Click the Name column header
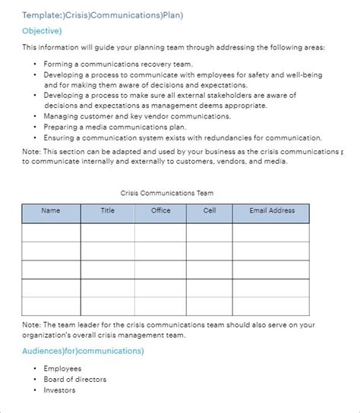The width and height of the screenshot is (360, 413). click(x=50, y=210)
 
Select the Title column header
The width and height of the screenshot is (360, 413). click(x=108, y=210)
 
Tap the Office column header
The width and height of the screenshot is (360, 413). click(x=160, y=210)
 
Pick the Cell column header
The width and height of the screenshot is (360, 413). click(x=210, y=210)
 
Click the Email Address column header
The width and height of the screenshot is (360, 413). click(x=272, y=210)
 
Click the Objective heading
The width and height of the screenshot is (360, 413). click(x=43, y=30)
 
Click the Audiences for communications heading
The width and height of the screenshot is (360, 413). click(x=84, y=351)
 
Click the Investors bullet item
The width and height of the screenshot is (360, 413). click(x=60, y=390)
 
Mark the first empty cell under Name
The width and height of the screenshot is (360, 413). click(x=51, y=232)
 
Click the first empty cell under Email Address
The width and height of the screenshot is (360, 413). click(x=271, y=232)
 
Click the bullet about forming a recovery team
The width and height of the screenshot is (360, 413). click(x=118, y=65)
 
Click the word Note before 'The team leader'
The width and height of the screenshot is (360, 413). click(x=31, y=324)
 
